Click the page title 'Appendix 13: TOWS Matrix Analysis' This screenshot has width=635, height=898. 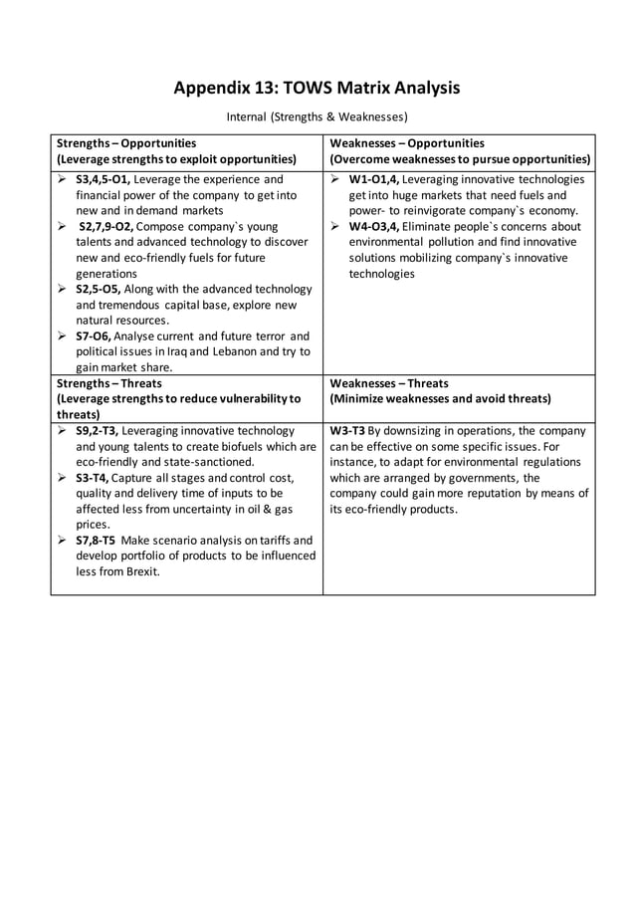tap(317, 89)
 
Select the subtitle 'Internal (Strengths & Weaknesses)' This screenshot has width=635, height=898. tap(317, 117)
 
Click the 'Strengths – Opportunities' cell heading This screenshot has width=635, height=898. tap(126, 143)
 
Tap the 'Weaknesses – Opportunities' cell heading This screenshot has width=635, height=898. tap(407, 143)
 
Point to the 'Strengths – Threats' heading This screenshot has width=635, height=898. tap(108, 383)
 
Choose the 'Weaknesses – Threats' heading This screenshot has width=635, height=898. tap(389, 383)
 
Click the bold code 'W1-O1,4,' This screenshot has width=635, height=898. tap(374, 180)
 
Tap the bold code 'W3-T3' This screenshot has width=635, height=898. tap(347, 431)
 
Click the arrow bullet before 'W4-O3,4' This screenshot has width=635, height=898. tap(336, 227)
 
